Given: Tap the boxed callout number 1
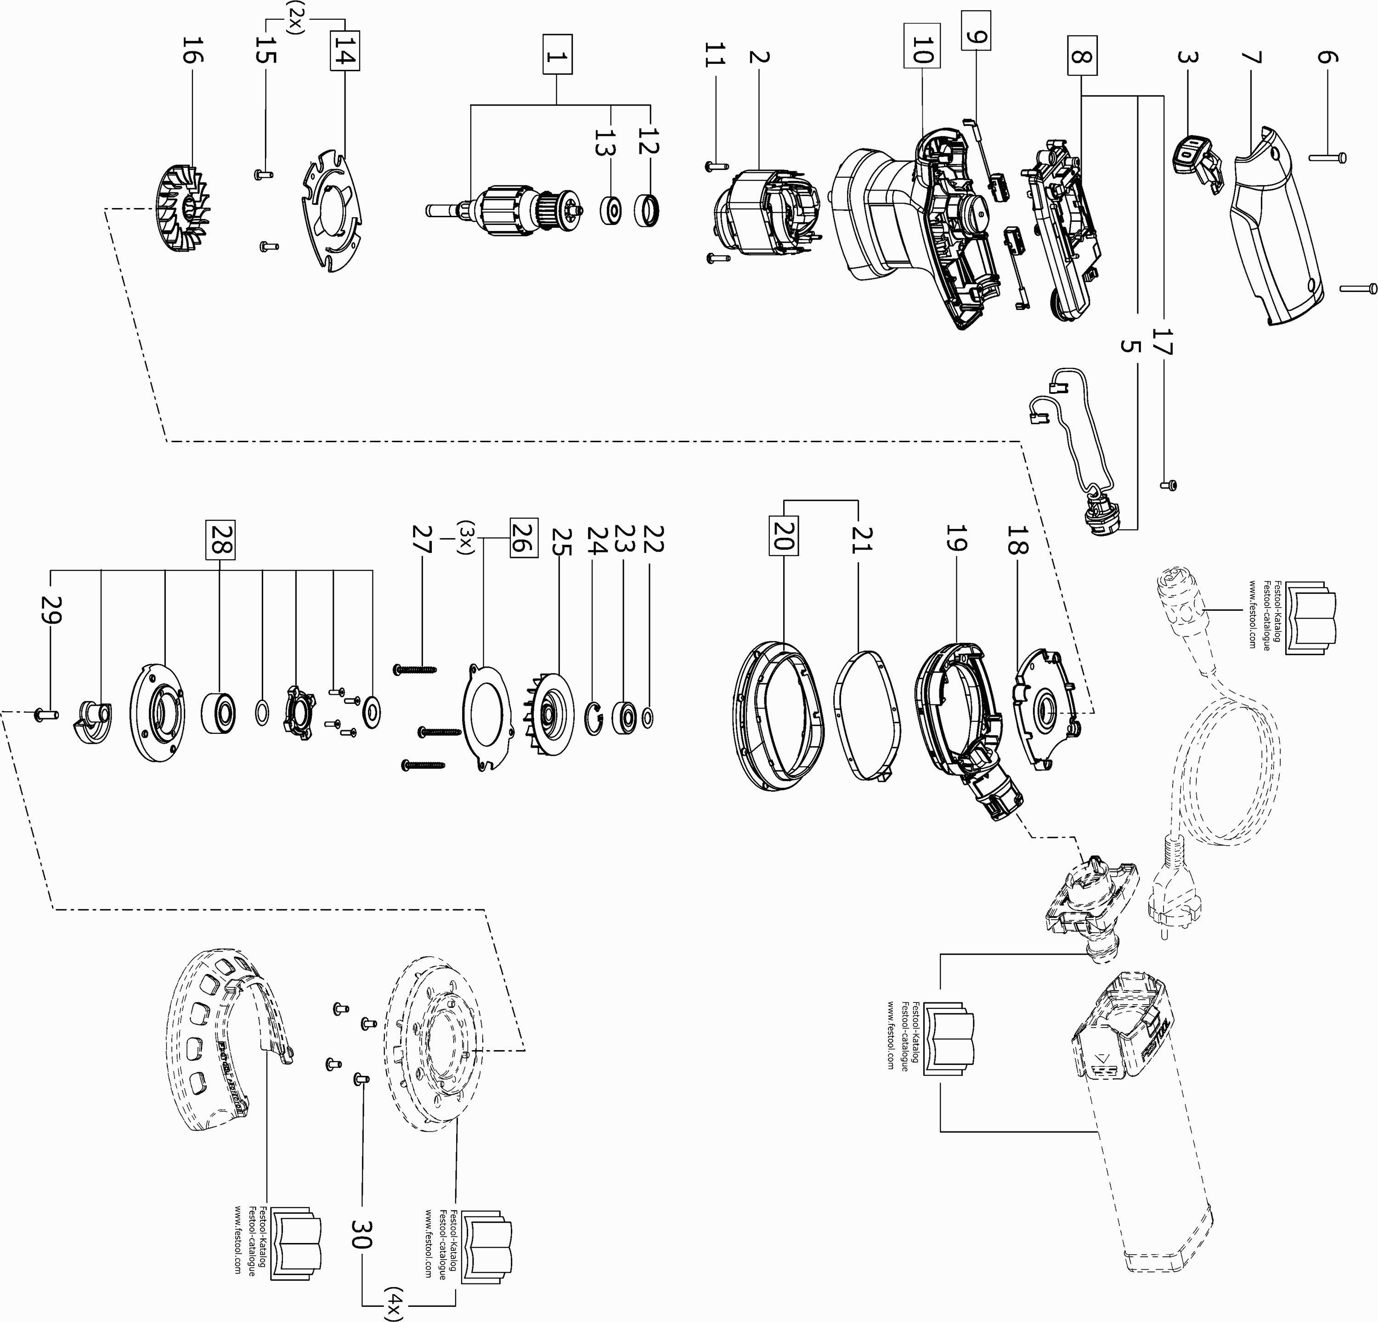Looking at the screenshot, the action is pyautogui.click(x=557, y=54).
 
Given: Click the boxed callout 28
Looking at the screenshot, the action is pyautogui.click(x=220, y=540).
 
